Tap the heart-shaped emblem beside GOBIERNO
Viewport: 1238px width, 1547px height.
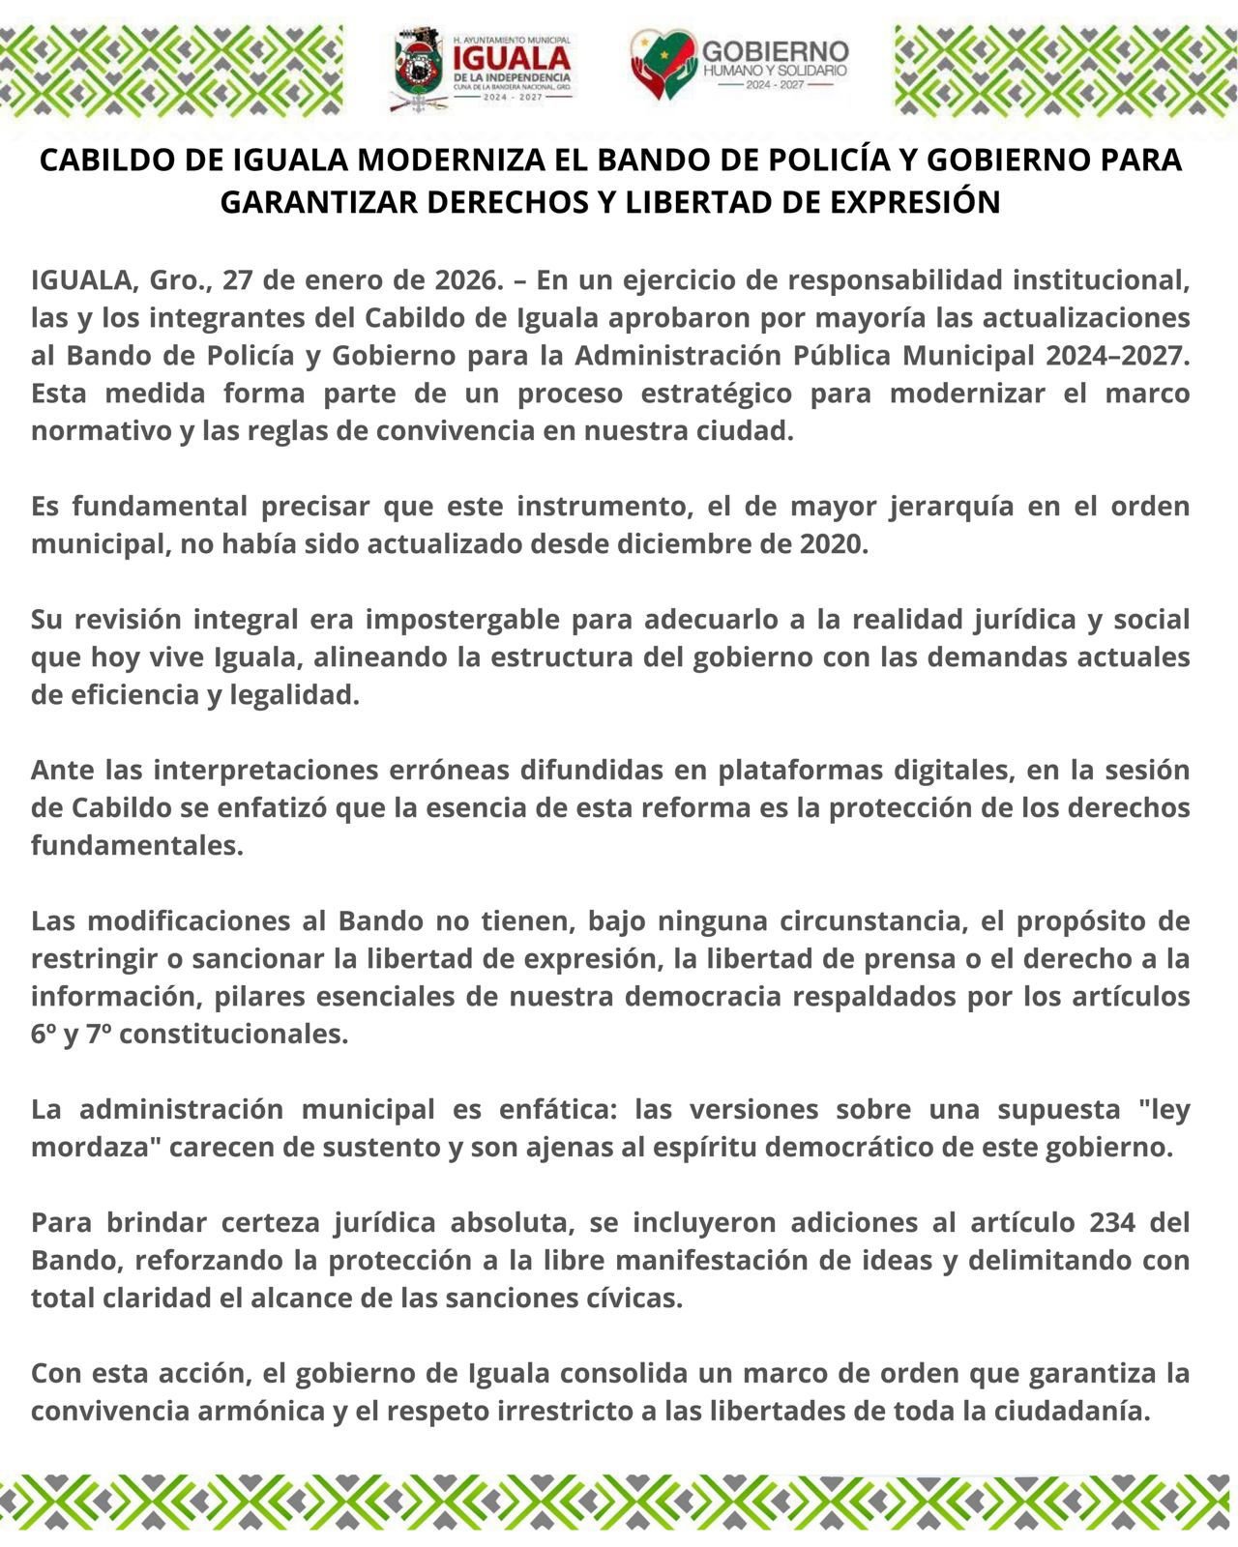tap(663, 64)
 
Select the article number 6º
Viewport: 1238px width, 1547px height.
tap(43, 1035)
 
